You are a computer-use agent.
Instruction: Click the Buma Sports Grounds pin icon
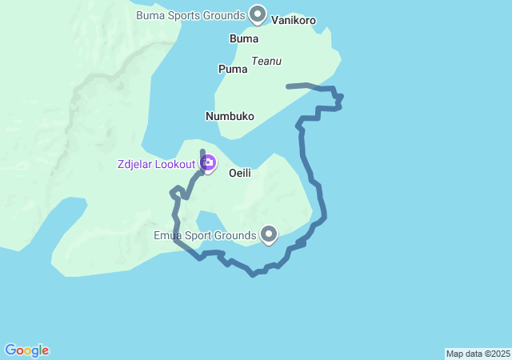(x=258, y=14)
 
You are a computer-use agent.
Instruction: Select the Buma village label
(x=243, y=38)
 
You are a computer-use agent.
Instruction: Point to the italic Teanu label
(x=266, y=61)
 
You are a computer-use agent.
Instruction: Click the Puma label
(x=233, y=70)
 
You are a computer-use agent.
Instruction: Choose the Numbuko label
(x=230, y=116)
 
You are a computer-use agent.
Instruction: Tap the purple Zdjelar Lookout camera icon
(x=208, y=164)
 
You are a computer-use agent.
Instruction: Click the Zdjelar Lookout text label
(x=156, y=164)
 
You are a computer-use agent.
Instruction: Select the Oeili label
(x=241, y=173)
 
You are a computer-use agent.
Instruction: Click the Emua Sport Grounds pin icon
(x=269, y=234)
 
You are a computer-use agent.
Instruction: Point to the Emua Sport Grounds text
(x=205, y=236)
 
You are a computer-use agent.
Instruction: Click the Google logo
(x=26, y=350)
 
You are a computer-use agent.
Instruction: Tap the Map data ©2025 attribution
(x=478, y=354)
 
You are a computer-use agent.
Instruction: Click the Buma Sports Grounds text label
(x=190, y=15)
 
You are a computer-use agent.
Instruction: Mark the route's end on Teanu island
(x=288, y=86)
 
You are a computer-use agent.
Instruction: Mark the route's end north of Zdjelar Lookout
(x=202, y=150)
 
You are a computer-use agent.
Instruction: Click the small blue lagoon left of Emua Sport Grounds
(x=209, y=222)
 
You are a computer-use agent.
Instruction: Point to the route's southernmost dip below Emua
(x=253, y=274)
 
